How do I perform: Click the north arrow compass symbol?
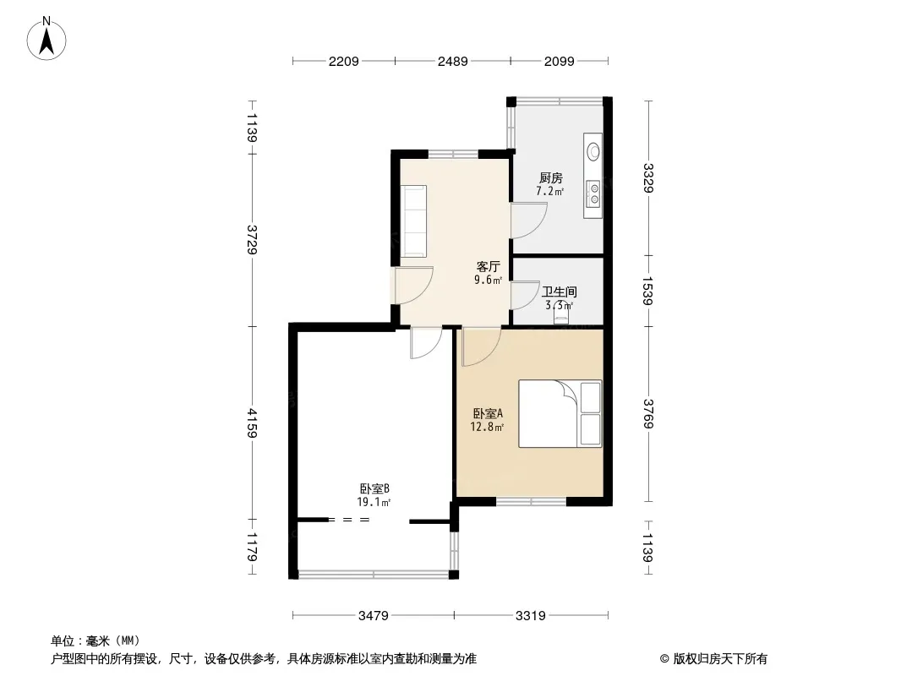click(x=46, y=39)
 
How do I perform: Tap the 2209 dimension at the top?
click(x=344, y=61)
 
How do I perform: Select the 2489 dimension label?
click(x=453, y=61)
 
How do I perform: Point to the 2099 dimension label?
click(x=559, y=61)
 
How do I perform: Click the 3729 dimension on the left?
click(x=252, y=239)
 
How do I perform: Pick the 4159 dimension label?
click(x=252, y=423)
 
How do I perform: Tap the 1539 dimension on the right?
click(x=647, y=292)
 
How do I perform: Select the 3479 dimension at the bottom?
click(x=374, y=616)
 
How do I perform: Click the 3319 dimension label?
click(x=530, y=616)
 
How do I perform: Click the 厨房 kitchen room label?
click(x=550, y=178)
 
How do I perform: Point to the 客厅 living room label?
click(x=488, y=266)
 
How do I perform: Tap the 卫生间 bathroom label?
click(x=559, y=292)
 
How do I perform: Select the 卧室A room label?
click(x=488, y=413)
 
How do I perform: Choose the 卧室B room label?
click(x=374, y=488)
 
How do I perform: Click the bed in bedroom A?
click(x=560, y=413)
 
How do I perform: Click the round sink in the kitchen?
click(x=593, y=151)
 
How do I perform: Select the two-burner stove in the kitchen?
click(x=593, y=194)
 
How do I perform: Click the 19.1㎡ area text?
click(x=374, y=503)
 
